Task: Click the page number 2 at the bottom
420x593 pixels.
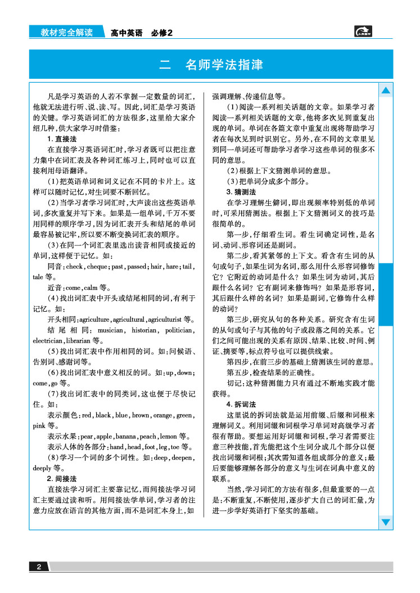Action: pyautogui.click(x=39, y=567)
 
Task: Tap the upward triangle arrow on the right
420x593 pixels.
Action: pyautogui.click(x=386, y=91)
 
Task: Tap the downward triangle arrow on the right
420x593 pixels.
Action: pyautogui.click(x=386, y=522)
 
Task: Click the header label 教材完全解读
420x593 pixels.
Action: pyautogui.click(x=66, y=33)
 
